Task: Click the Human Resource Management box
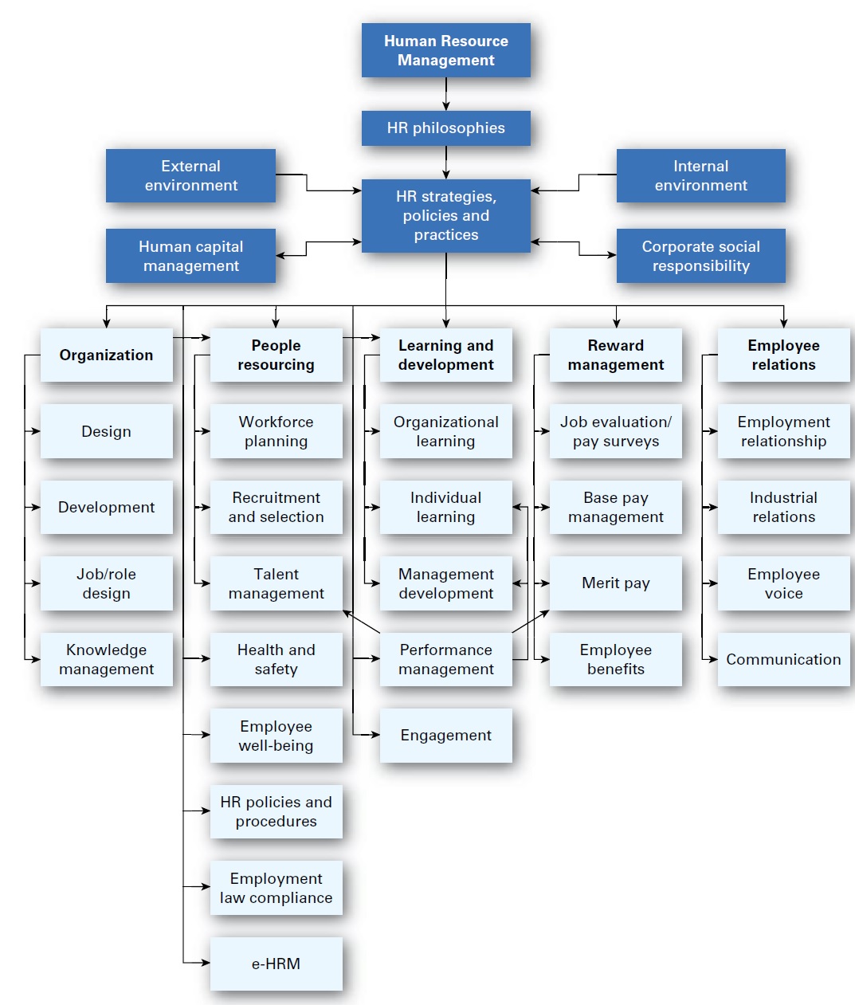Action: tap(445, 50)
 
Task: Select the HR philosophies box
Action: tap(445, 128)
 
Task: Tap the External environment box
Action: tap(190, 175)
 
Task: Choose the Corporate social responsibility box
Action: tap(700, 256)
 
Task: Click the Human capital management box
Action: tap(190, 256)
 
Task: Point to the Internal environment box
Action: tap(700, 175)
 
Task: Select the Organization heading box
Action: tap(106, 355)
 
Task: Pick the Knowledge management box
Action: tap(106, 659)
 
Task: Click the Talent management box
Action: tap(276, 583)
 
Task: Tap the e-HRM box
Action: tap(276, 964)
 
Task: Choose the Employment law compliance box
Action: tap(276, 888)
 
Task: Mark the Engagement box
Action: tap(445, 735)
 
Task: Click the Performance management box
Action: tap(445, 659)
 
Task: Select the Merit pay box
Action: tap(615, 583)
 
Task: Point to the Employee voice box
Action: tap(783, 583)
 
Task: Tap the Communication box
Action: tap(783, 659)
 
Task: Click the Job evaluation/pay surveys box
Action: tap(615, 431)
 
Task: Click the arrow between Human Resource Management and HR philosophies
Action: tap(445, 94)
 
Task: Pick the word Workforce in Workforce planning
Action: tap(276, 422)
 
